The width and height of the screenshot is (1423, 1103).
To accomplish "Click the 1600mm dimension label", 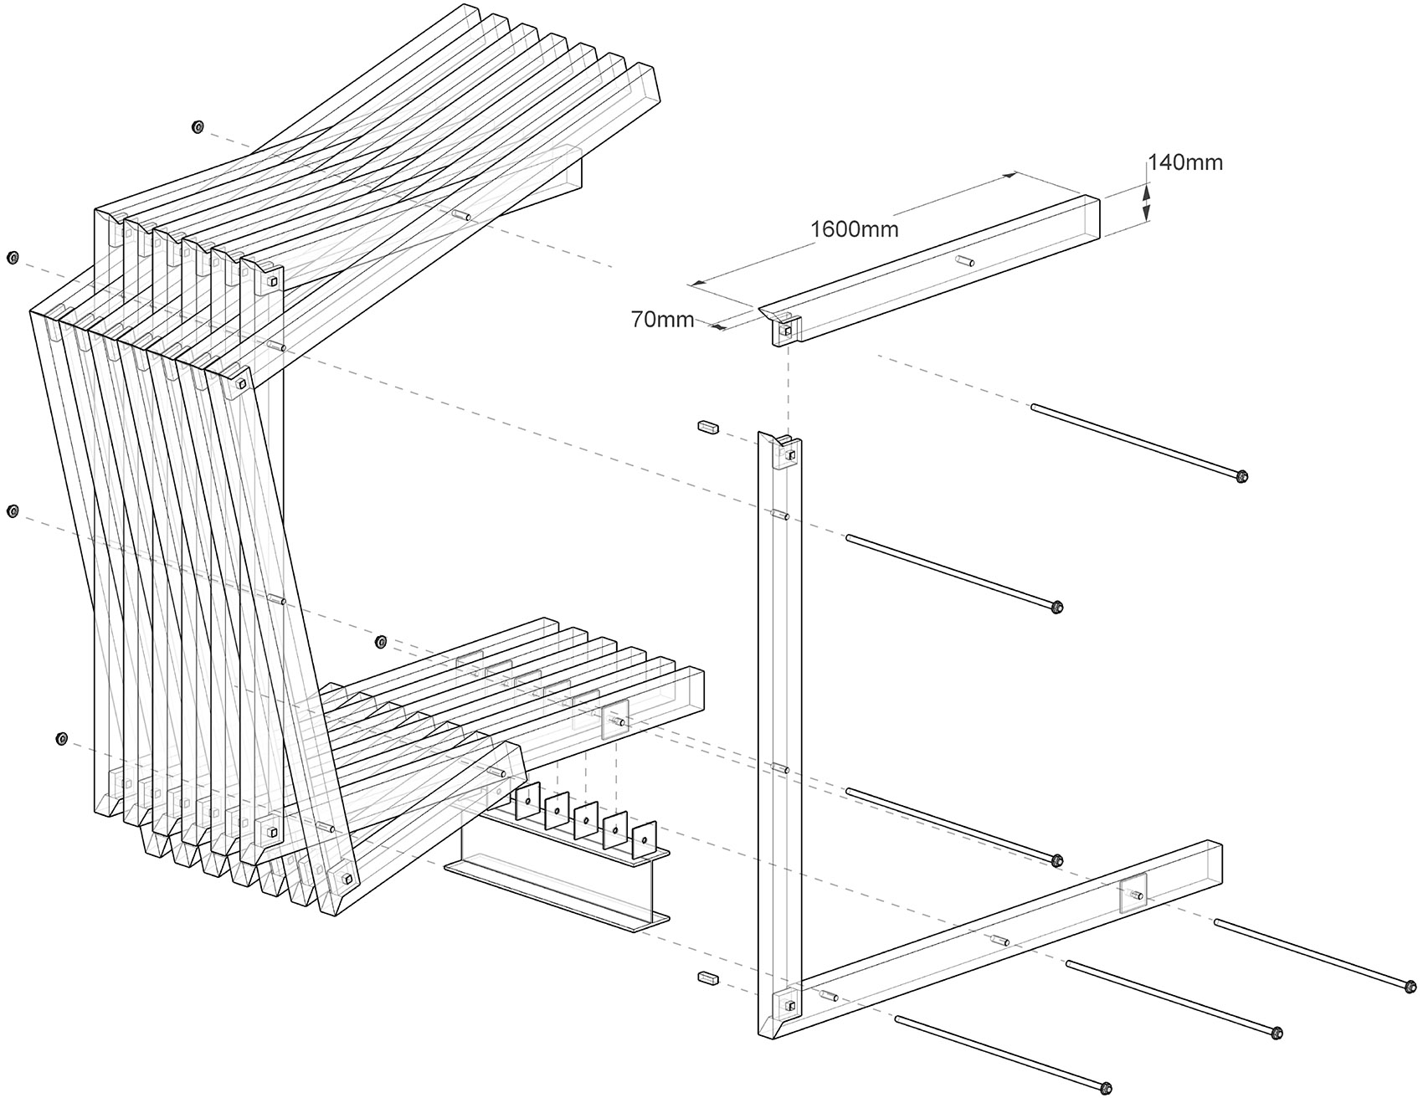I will click(854, 228).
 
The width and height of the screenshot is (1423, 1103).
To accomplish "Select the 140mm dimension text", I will click(1184, 162).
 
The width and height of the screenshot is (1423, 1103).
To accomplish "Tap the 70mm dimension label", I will click(662, 319).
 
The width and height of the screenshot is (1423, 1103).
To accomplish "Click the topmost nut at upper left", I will click(198, 127).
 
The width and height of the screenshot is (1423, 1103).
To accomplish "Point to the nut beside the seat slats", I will click(379, 642).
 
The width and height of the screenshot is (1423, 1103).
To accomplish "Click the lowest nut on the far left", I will click(61, 738).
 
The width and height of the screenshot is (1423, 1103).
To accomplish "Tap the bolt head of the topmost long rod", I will click(1241, 477).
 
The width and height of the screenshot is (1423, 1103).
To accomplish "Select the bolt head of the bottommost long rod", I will click(1104, 1089).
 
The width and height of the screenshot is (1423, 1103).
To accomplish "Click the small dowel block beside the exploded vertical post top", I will click(707, 427).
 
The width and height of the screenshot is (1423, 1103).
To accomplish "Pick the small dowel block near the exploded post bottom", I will click(707, 977).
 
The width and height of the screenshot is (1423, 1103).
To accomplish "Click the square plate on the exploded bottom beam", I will click(1133, 895).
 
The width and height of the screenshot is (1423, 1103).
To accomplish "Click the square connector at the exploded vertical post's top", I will click(789, 454).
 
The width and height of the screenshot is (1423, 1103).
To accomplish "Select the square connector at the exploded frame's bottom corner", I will click(789, 1004).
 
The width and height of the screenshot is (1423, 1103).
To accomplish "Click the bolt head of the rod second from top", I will click(1056, 607).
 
